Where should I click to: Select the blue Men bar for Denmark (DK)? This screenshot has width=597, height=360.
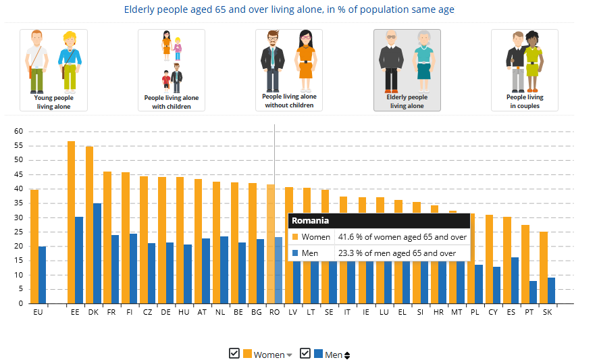[x=97, y=253]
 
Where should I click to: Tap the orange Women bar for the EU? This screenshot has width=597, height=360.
[x=34, y=247]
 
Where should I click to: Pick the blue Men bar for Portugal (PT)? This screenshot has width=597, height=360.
[x=533, y=292]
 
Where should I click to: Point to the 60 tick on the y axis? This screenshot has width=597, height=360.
[x=18, y=131]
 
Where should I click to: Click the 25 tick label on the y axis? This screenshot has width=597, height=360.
[x=18, y=232]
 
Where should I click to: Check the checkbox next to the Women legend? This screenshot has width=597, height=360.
[x=234, y=353]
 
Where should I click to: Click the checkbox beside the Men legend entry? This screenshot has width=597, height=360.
[x=305, y=353]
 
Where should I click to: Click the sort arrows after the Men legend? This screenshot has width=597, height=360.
[x=347, y=355]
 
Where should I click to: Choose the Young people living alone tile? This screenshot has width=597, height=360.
[x=53, y=70]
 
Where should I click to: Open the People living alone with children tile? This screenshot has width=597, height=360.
[x=172, y=70]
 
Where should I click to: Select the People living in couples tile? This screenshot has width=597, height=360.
[x=525, y=70]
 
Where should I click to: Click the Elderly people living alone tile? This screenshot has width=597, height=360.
[x=407, y=70]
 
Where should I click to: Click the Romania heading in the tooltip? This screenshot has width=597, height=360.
[x=311, y=220]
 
